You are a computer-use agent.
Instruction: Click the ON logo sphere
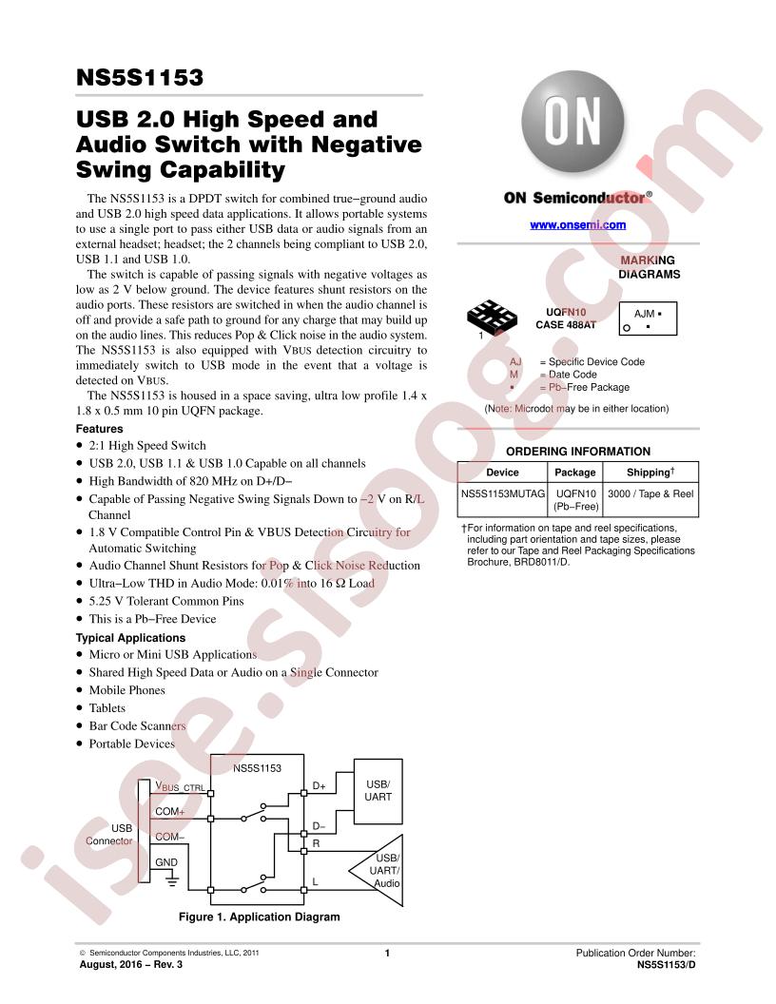point(572,123)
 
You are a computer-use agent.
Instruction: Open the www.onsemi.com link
point(577,224)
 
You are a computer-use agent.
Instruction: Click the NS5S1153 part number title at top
point(140,77)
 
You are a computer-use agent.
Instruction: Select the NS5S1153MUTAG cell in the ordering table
point(503,493)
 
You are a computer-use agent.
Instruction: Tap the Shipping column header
point(650,472)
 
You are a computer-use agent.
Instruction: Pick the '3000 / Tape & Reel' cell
point(650,493)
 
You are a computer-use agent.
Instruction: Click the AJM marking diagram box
point(648,319)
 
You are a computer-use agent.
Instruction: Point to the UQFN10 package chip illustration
point(492,317)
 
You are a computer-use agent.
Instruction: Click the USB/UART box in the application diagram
point(378,791)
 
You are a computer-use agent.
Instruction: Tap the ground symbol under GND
point(171,880)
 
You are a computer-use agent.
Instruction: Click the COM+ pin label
point(169,811)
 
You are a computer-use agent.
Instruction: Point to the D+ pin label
point(319,785)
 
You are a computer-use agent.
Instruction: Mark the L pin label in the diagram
point(315,881)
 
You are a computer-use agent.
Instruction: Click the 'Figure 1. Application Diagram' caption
point(260,917)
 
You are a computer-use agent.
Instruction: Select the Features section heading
point(99,429)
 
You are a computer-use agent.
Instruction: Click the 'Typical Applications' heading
point(130,638)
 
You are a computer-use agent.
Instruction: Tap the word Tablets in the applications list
point(107,707)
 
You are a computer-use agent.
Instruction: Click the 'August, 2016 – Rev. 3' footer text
point(130,964)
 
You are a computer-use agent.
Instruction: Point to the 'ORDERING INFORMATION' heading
point(578,452)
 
